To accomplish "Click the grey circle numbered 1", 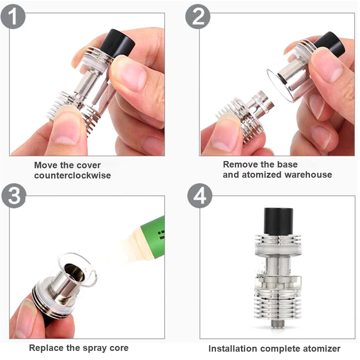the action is [13, 16].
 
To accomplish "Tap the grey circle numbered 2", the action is [198, 16].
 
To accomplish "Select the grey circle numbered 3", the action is [14, 196].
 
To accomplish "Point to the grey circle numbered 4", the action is [200, 196].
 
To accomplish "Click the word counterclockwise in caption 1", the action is [72, 175].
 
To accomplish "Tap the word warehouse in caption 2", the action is [308, 175].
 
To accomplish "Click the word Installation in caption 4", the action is [233, 349].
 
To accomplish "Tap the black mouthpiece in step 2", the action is [330, 44].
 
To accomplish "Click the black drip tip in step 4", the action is [278, 221].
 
